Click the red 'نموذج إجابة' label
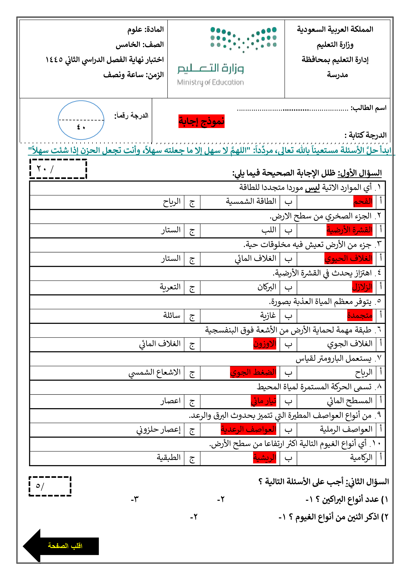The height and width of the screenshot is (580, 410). tap(201, 121)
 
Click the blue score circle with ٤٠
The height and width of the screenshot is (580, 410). tap(81, 120)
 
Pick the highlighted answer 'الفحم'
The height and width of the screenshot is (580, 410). tap(363, 201)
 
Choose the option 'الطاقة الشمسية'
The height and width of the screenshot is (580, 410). tap(251, 201)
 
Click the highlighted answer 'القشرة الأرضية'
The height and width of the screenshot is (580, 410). tap(350, 230)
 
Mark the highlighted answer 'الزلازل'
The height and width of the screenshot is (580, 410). tap(362, 287)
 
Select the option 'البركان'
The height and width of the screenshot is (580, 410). tap(267, 287)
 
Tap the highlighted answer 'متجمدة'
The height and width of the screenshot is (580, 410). tap(360, 315)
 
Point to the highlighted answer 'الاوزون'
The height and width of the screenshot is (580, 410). tap(264, 344)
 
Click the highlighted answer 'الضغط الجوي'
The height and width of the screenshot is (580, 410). tap(253, 372)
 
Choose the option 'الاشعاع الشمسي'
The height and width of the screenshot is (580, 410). tap(154, 372)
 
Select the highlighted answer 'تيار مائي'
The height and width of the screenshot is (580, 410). tap(263, 401)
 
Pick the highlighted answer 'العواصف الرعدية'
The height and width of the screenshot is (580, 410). tap(248, 429)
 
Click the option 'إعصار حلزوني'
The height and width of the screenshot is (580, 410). tap(159, 429)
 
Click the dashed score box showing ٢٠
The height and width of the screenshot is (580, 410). tap(58, 169)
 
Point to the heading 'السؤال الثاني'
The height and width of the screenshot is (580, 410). tap(367, 482)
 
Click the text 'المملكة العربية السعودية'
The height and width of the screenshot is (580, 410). tap(335, 30)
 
